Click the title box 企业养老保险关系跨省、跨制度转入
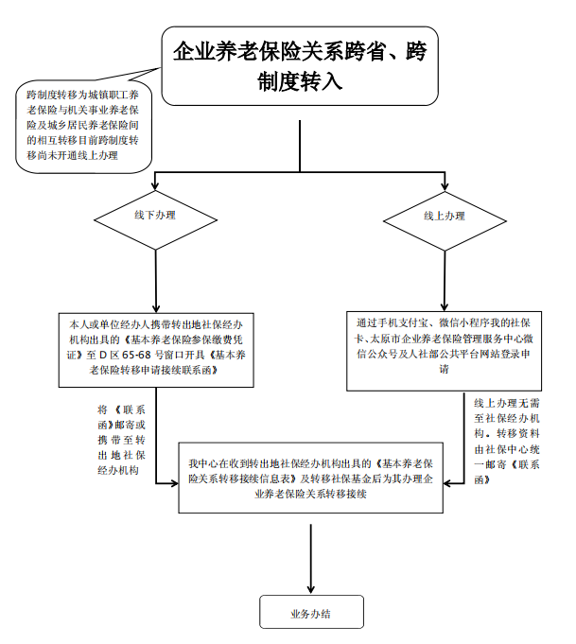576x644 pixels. pyautogui.click(x=300, y=65)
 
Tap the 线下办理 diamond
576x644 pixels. pyautogui.click(x=154, y=215)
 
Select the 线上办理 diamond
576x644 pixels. pyautogui.click(x=444, y=215)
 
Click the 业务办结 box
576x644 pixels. pyautogui.click(x=310, y=613)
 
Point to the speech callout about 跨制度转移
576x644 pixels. pyautogui.click(x=83, y=123)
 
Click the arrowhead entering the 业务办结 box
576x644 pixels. pyautogui.click(x=310, y=589)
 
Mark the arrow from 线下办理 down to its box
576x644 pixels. pyautogui.click(x=154, y=274)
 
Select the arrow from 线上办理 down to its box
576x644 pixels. pyautogui.click(x=444, y=274)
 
